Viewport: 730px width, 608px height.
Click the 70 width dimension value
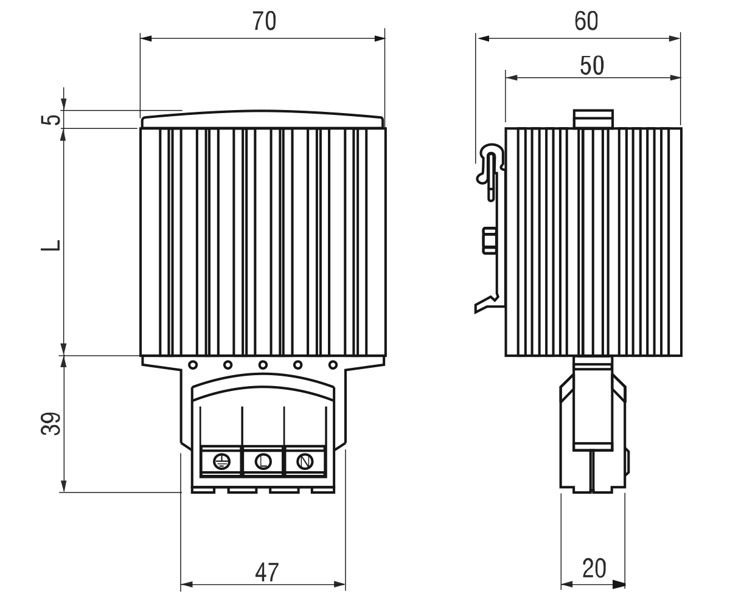(x=264, y=21)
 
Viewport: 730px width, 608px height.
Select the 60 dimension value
(x=586, y=21)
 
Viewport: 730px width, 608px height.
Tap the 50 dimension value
(x=592, y=65)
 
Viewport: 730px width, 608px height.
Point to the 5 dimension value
(x=51, y=120)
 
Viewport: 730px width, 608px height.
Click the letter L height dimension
(x=51, y=245)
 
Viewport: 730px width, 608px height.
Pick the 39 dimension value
(x=51, y=424)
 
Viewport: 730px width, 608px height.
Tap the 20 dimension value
(x=594, y=568)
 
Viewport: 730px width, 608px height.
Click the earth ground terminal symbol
(x=221, y=461)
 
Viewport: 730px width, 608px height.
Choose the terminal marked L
(x=263, y=461)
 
